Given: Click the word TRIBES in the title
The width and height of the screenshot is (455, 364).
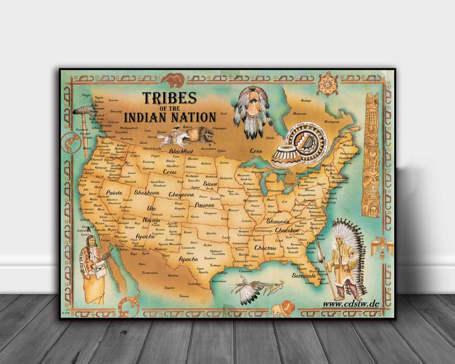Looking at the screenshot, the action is click(170, 98).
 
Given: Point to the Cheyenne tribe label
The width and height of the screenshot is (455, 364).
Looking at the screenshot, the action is click(181, 194).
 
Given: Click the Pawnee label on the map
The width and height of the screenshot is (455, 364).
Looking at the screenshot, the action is click(204, 205).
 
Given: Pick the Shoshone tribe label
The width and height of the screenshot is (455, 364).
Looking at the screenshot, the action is click(146, 193).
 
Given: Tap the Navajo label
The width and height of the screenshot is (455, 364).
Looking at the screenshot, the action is click(152, 220).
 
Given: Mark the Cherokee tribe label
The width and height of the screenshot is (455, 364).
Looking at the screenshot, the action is click(287, 230).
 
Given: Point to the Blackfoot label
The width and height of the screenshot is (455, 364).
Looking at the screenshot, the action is click(181, 150).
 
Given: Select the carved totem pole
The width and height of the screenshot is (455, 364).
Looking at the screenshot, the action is click(372, 155).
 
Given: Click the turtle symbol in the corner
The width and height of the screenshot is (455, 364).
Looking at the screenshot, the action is click(327, 84).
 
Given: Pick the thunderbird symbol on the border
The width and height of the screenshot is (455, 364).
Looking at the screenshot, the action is click(382, 249).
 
